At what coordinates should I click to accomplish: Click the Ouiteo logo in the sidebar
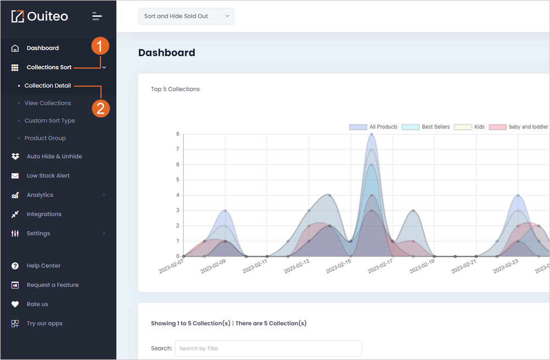40,16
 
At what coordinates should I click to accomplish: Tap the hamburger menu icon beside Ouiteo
97,16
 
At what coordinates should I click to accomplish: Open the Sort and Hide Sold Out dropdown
186,16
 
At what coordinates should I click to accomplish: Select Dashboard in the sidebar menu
43,48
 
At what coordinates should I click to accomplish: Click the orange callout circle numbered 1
100,46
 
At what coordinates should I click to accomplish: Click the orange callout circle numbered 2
100,108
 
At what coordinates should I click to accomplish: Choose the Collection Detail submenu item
48,86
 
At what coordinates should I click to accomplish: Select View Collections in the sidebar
48,103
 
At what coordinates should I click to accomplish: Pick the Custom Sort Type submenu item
50,121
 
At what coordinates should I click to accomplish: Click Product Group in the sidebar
45,138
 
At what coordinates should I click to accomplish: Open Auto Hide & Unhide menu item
54,156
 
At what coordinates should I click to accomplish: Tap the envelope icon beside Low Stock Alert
15,176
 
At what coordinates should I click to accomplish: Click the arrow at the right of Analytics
104,195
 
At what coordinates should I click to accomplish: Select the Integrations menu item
44,214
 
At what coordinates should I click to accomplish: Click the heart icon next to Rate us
15,304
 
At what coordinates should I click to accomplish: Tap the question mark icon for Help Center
15,266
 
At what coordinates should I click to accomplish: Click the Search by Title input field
268,348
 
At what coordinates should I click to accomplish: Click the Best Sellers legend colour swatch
411,127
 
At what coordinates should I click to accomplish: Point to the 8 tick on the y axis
178,134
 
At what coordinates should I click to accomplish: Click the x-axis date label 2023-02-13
297,266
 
